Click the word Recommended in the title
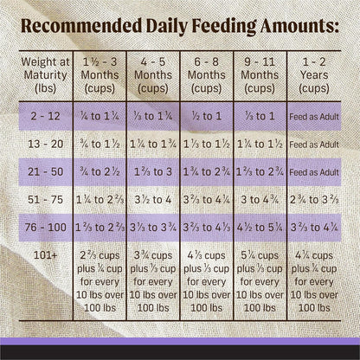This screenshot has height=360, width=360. point(82,26)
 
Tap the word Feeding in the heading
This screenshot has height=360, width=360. point(206,26)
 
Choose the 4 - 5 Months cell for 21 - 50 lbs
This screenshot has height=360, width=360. point(152,171)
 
